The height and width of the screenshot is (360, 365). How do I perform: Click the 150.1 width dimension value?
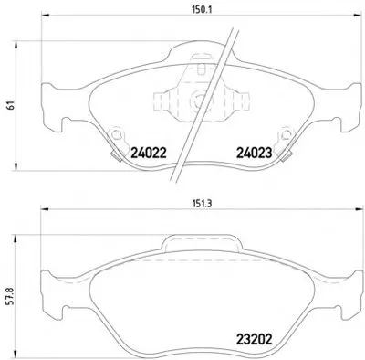202,9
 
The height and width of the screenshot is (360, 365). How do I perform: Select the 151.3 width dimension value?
202,204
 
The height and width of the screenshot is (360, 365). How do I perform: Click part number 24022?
149,153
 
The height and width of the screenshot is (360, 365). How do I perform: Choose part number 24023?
255,153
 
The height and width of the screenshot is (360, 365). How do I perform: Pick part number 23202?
255,339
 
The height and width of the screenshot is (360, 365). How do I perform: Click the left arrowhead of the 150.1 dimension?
45,16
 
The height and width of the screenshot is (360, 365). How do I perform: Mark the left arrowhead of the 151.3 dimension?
45,209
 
